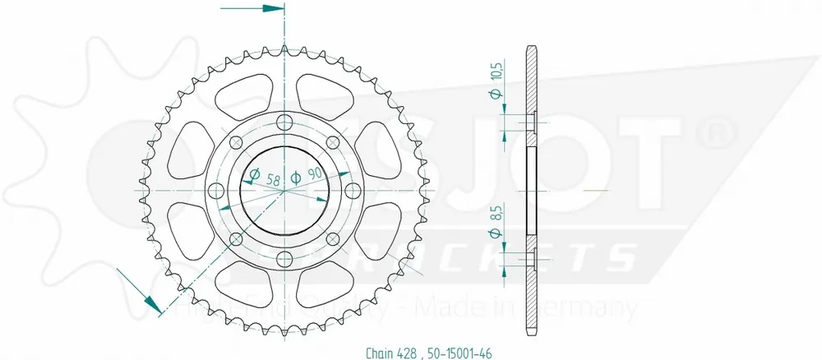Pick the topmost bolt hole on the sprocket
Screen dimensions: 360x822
point(284,123)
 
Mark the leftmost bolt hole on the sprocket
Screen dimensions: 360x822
point(217,191)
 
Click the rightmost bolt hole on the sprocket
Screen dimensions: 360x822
point(353,191)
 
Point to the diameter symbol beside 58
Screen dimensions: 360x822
point(254,175)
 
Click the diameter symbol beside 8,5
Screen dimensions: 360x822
point(496,235)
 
